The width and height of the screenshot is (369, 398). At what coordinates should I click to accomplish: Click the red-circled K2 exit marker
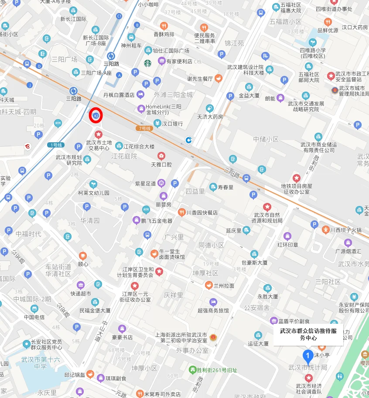tap(96, 116)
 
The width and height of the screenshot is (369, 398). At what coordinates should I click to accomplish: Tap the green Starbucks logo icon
tap(147, 63)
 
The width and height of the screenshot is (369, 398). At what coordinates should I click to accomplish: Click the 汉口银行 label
tap(172, 124)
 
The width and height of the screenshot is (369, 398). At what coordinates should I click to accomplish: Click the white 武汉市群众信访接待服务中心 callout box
tap(308, 334)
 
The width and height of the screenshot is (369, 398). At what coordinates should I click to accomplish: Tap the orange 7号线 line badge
tap(144, 128)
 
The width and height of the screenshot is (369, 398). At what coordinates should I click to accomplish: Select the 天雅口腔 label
tap(161, 165)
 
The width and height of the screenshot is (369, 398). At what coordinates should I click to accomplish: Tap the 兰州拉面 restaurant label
tap(224, 285)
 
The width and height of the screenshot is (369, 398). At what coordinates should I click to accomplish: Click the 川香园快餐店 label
tap(202, 213)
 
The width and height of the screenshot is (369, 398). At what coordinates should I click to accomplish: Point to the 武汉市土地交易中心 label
tap(99, 145)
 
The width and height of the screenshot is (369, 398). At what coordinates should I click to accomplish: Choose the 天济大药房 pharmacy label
tap(210, 117)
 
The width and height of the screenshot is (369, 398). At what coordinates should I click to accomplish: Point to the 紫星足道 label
tap(145, 183)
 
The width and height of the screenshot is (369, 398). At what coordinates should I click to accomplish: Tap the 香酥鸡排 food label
tap(164, 34)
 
